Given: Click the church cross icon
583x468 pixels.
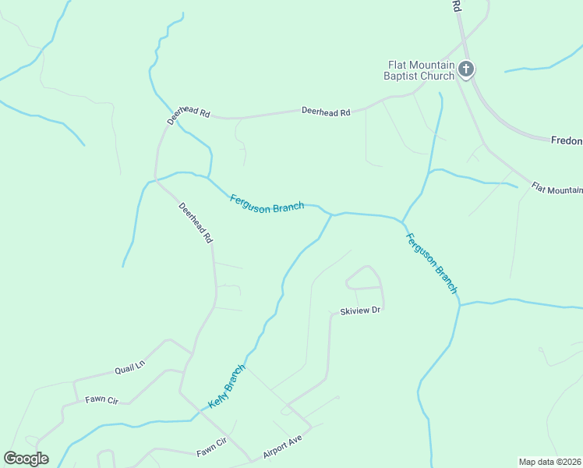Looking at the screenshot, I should (x=466, y=69).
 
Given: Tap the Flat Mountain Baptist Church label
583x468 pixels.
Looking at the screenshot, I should (x=419, y=70).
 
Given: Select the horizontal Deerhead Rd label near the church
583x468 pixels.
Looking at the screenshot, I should (x=326, y=112).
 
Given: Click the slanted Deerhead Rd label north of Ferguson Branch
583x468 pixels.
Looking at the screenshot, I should (x=189, y=114).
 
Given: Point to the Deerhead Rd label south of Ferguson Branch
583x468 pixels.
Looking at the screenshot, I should (x=196, y=224).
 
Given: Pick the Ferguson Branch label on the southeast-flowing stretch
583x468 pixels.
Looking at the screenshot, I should (x=431, y=263).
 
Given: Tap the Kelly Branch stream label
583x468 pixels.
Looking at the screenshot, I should (x=227, y=386).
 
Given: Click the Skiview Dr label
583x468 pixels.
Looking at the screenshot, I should (x=359, y=311).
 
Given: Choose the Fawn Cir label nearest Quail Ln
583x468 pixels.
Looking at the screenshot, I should (x=101, y=400).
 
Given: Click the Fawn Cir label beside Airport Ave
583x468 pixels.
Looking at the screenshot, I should (x=210, y=452).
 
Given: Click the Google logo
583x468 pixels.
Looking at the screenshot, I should (x=26, y=459).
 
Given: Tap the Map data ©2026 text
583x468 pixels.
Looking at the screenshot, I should (x=550, y=461).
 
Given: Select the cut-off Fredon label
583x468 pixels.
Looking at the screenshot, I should (x=567, y=140).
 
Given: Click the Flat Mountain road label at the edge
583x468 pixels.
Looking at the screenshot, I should (x=556, y=189).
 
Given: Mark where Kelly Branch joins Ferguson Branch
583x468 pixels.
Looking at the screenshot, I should (x=333, y=214).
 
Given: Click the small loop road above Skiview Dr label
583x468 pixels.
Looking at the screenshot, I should (x=365, y=277).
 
